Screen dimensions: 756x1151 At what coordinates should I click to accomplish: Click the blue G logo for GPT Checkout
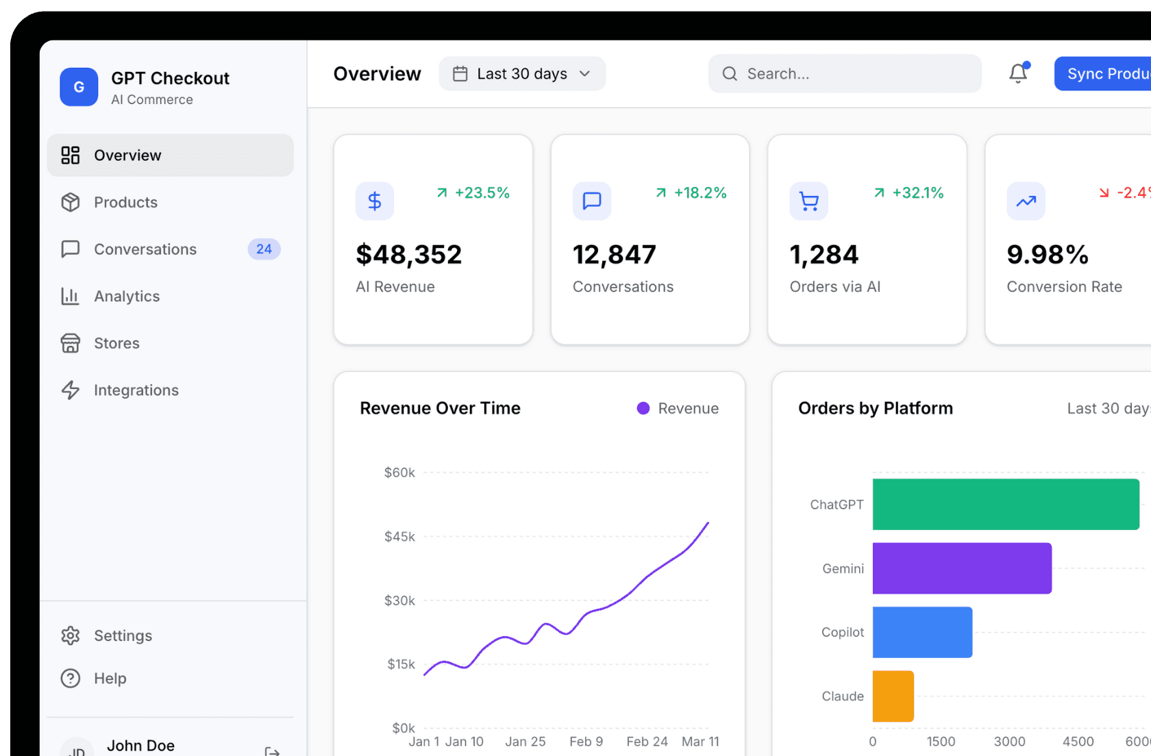click(79, 87)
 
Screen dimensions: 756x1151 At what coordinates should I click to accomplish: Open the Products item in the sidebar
click(125, 202)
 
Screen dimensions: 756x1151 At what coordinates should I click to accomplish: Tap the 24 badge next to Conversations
click(264, 249)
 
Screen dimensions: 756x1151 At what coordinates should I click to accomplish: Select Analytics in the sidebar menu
click(127, 296)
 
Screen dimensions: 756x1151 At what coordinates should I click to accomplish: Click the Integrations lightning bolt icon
click(71, 390)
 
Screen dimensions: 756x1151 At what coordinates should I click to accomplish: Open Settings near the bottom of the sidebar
click(123, 635)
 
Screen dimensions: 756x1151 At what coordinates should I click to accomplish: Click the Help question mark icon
click(71, 678)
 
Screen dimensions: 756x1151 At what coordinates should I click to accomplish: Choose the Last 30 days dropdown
click(522, 74)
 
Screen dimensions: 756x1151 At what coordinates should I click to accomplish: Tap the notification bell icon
click(1018, 73)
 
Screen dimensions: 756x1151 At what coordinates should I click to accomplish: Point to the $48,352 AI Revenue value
click(409, 255)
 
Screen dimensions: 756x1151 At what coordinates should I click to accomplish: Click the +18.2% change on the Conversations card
click(699, 193)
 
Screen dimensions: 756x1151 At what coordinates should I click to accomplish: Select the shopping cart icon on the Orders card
click(809, 201)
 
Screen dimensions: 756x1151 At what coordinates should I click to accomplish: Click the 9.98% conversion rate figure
click(1048, 255)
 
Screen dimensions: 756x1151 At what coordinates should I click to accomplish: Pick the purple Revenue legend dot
click(643, 408)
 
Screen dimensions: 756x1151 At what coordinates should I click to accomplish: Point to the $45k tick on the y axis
click(399, 536)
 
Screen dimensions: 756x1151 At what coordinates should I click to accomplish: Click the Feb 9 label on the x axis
click(586, 742)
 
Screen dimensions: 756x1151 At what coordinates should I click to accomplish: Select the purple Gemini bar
click(961, 568)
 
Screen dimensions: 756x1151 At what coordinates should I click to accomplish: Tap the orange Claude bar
click(893, 696)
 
